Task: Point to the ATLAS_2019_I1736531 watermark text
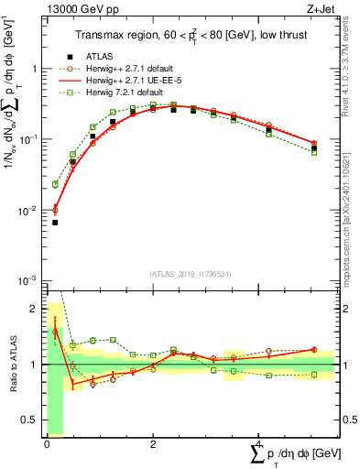[x=191, y=273]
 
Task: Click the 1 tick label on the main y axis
[x=35, y=69]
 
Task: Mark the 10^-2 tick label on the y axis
[x=29, y=211]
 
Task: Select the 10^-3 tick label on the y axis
[x=29, y=281]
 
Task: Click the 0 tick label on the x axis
[x=47, y=442]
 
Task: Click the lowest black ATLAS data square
[x=54, y=223]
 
